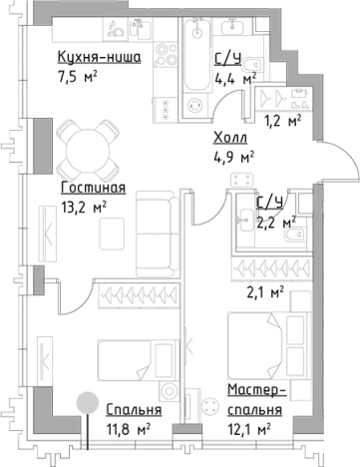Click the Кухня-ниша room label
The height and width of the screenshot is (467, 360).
pyautogui.click(x=98, y=59)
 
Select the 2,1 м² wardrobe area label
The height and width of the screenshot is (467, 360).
pyautogui.click(x=265, y=293)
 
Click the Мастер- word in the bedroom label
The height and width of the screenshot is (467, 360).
pyautogui.click(x=255, y=392)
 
